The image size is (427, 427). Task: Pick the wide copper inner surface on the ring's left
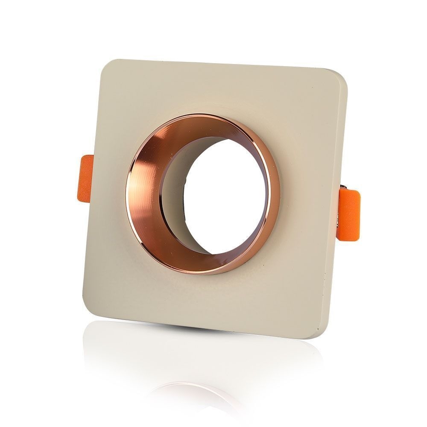(145, 192)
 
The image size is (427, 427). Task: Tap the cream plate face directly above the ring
(213, 90)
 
